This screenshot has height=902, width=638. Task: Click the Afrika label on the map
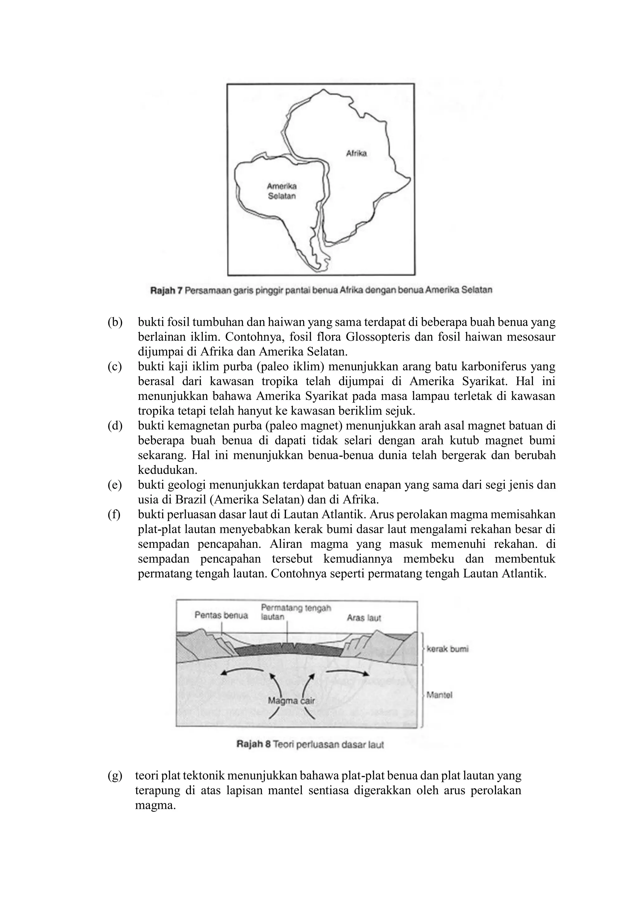356,154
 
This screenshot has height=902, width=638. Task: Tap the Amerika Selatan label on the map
282,191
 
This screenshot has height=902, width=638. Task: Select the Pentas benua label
221,615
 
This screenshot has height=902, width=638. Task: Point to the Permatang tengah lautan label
295,612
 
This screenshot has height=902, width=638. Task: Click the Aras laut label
364,618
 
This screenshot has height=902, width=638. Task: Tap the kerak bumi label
447,649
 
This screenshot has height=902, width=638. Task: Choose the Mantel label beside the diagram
439,695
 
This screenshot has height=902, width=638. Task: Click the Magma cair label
291,700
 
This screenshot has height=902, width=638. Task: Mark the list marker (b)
115,323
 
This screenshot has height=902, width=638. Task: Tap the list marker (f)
114,515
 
